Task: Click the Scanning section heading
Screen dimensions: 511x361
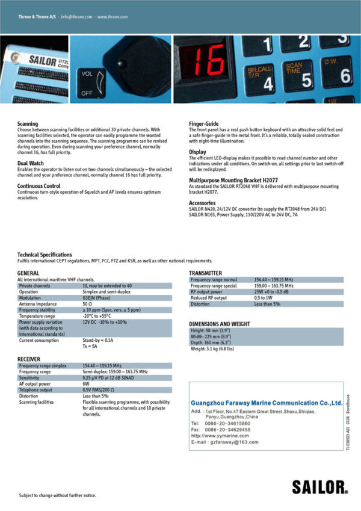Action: (28, 123)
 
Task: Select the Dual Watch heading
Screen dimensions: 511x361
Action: (30, 163)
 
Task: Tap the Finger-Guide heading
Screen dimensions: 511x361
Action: (203, 123)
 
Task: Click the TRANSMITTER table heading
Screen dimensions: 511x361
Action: (206, 273)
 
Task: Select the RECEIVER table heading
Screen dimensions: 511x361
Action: (29, 359)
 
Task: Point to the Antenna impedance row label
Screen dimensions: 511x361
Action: (39, 304)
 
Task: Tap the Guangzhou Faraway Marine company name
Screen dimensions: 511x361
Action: (266, 403)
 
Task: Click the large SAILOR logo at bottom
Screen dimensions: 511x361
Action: (319, 486)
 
